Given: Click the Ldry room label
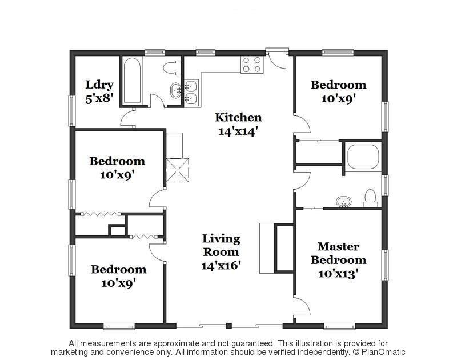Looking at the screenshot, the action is (99, 85).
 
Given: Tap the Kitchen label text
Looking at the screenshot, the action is (238, 118).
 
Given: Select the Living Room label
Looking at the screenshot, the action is (221, 245).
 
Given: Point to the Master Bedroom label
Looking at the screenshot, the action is (338, 253).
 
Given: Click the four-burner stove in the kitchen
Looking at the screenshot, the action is (252, 65).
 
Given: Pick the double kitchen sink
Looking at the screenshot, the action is (191, 92).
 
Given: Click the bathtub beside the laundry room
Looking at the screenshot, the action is (132, 81).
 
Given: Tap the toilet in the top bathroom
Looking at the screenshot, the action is (172, 67).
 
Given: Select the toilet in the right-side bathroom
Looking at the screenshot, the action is (370, 198).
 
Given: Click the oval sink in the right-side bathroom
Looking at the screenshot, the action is (344, 202).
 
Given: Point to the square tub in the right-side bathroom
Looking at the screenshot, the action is (363, 157).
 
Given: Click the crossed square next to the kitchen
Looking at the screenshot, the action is (178, 170).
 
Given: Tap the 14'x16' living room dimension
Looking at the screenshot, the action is (221, 266).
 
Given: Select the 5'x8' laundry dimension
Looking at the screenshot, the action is (99, 98).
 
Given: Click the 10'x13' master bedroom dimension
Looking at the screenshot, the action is (338, 274).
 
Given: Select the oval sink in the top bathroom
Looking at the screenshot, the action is (175, 90).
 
